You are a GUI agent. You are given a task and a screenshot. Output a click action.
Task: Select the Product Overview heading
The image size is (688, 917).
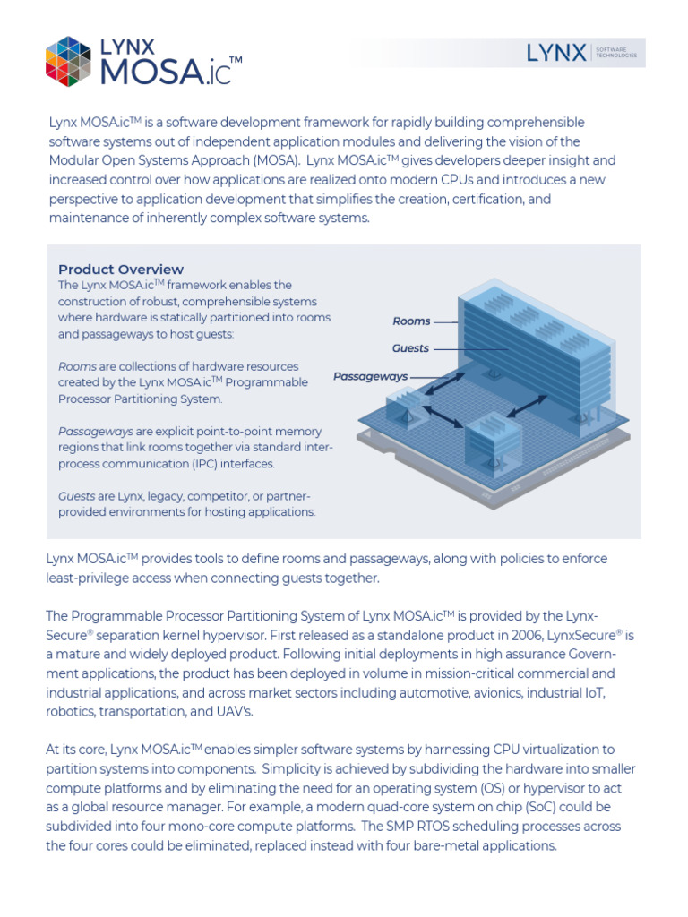coord(121,270)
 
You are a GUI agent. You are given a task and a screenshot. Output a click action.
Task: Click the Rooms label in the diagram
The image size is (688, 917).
coord(411,321)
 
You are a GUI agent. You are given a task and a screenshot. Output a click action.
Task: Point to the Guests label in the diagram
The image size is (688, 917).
coord(410,348)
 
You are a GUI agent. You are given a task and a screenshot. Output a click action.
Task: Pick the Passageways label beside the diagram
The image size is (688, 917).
coord(370,377)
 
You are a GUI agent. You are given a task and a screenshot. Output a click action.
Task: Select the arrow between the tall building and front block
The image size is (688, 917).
coord(529,404)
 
